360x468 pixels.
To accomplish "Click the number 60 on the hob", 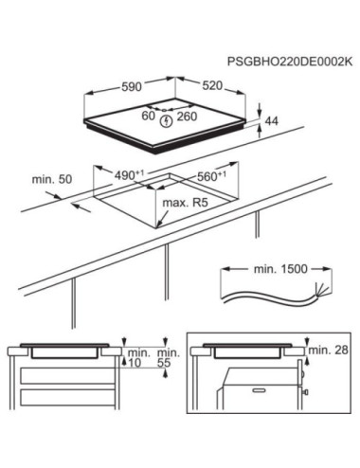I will click(149, 117).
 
